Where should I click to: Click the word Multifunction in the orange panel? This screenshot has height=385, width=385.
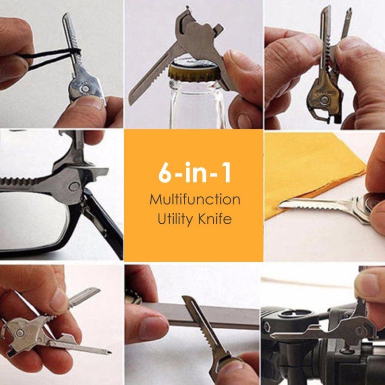[x=195, y=199]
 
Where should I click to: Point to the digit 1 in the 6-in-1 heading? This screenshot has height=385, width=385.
[x=226, y=172]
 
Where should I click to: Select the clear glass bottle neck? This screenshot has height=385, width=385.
[x=196, y=103]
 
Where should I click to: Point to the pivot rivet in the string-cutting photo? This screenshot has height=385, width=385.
[x=86, y=89]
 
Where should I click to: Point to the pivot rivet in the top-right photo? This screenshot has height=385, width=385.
[x=325, y=100]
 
